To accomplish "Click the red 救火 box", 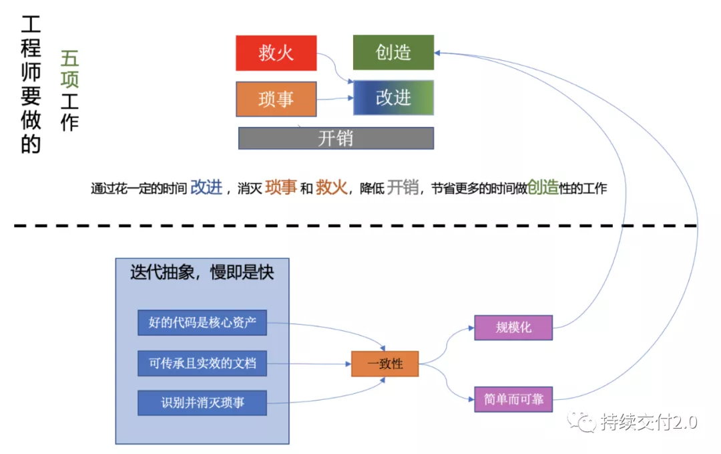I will click(x=276, y=53).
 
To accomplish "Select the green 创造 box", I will click(x=393, y=52).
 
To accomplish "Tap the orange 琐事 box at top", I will click(x=276, y=99).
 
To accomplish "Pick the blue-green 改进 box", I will click(x=393, y=98).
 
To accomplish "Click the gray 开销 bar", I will click(x=336, y=138).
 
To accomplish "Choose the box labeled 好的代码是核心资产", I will click(x=202, y=323).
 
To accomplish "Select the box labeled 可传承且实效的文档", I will click(x=202, y=364).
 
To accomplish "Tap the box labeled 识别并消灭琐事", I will click(x=202, y=403).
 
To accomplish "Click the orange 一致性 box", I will click(x=385, y=364).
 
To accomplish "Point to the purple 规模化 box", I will click(x=513, y=328).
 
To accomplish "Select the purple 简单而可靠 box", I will click(x=513, y=399).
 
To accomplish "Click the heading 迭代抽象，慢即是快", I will click(x=202, y=272).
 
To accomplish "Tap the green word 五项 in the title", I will click(x=69, y=69).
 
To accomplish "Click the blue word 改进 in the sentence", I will click(x=206, y=187).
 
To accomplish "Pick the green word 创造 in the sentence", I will click(x=543, y=187).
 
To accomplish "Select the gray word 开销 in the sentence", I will click(x=403, y=187).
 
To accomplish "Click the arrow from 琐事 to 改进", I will click(x=334, y=99).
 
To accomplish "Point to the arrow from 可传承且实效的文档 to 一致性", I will click(x=308, y=364).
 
